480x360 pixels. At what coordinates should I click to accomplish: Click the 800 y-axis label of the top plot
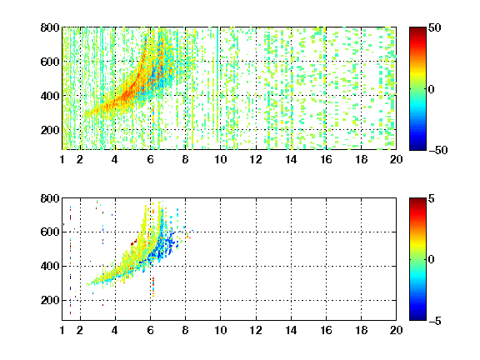[50, 27]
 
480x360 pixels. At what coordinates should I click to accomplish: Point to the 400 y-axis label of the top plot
[50, 96]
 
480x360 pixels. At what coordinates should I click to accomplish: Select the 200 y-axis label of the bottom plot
[50, 300]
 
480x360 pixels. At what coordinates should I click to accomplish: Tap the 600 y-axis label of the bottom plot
[50, 232]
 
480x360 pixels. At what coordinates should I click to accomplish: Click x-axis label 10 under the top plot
[220, 159]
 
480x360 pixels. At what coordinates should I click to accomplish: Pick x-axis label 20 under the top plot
[396, 159]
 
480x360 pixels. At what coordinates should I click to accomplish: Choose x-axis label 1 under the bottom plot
[62, 330]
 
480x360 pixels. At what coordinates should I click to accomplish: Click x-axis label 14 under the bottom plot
[291, 330]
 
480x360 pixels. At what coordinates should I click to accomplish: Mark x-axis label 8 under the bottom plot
[185, 330]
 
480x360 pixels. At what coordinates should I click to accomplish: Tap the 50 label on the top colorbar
[435, 27]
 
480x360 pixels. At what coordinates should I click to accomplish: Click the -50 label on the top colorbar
[437, 150]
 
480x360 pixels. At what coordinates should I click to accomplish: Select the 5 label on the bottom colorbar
[432, 198]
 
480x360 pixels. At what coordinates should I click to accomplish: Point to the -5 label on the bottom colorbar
[435, 321]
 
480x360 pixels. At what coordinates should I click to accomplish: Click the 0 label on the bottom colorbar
[432, 260]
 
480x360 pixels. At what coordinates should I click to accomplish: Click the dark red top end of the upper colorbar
[417, 29]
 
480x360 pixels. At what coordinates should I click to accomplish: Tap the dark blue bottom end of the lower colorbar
[417, 318]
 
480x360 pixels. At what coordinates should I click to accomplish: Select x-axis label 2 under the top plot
[80, 159]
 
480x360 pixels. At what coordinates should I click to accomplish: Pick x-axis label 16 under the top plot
[326, 159]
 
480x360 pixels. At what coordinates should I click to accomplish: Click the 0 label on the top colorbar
[432, 89]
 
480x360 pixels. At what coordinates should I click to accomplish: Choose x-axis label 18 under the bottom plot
[361, 330]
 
